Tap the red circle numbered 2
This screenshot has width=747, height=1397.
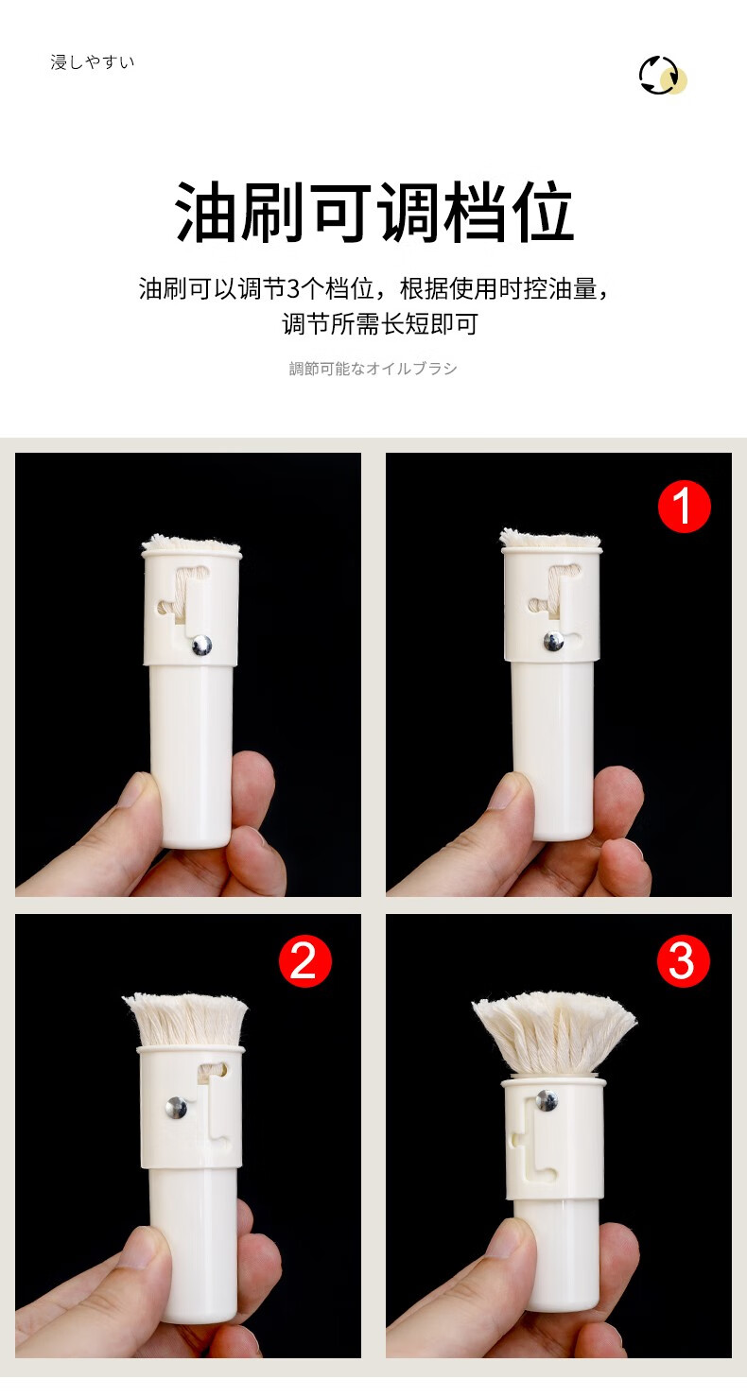tap(304, 961)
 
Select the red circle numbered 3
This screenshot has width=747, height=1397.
tap(683, 961)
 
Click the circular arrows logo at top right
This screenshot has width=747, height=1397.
tap(661, 76)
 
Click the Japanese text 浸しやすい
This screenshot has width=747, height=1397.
tap(93, 62)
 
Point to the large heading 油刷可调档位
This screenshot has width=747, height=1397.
tap(374, 214)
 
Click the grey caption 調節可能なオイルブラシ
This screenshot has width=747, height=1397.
tap(373, 369)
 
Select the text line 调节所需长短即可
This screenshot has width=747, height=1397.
tap(380, 323)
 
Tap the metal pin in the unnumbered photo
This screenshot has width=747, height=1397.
tap(200, 645)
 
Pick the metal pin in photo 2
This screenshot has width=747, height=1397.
tap(177, 1108)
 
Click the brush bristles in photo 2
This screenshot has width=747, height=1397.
tap(186, 1019)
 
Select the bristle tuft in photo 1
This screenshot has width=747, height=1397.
tap(549, 539)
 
